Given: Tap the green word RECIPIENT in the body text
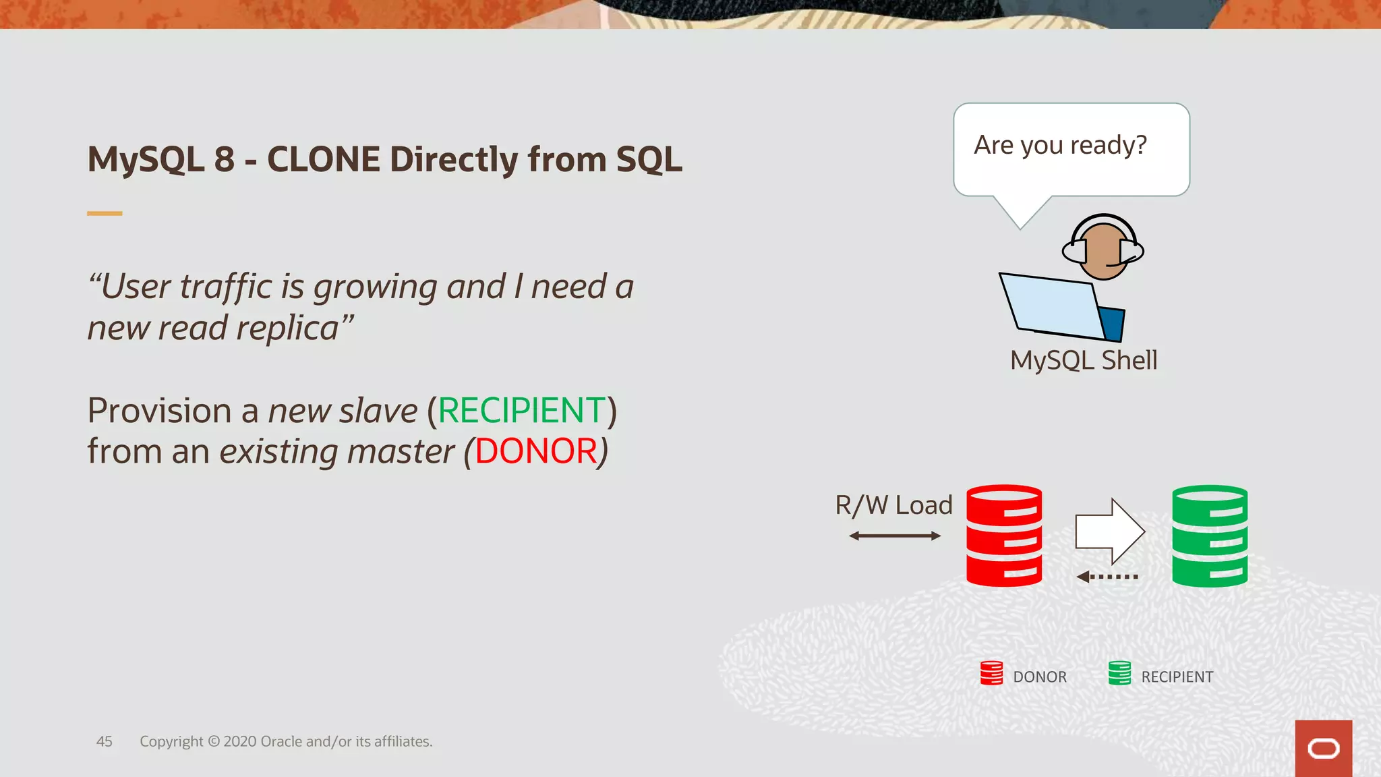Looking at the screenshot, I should (x=522, y=411).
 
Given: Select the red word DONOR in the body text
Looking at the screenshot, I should (x=536, y=451).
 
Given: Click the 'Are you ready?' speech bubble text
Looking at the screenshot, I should (x=1060, y=146).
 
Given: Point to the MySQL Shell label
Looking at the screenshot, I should (x=1084, y=360).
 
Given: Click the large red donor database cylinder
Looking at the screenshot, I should (x=1004, y=536).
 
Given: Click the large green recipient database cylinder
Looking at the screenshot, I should (x=1210, y=536).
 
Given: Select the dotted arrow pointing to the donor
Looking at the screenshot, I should (x=1107, y=577).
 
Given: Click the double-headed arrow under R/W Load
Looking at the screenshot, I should (x=895, y=536).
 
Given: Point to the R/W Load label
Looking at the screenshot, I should (x=893, y=505).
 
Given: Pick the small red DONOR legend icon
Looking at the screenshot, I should (x=991, y=673).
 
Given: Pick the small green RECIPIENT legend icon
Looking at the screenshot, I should (x=1119, y=673).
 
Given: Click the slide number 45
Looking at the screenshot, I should (x=105, y=742).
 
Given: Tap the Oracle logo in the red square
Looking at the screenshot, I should (x=1323, y=749).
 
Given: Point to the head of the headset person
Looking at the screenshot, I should (x=1103, y=250).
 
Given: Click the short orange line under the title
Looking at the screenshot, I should (x=105, y=214).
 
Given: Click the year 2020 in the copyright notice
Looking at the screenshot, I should (x=239, y=742).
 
